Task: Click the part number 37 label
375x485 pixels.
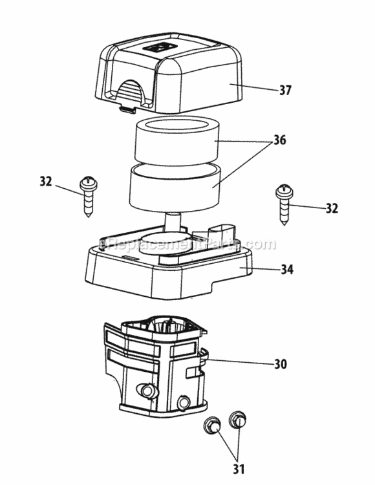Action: [286, 90]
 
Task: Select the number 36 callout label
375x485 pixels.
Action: [279, 140]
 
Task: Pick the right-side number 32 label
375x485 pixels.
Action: [332, 208]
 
